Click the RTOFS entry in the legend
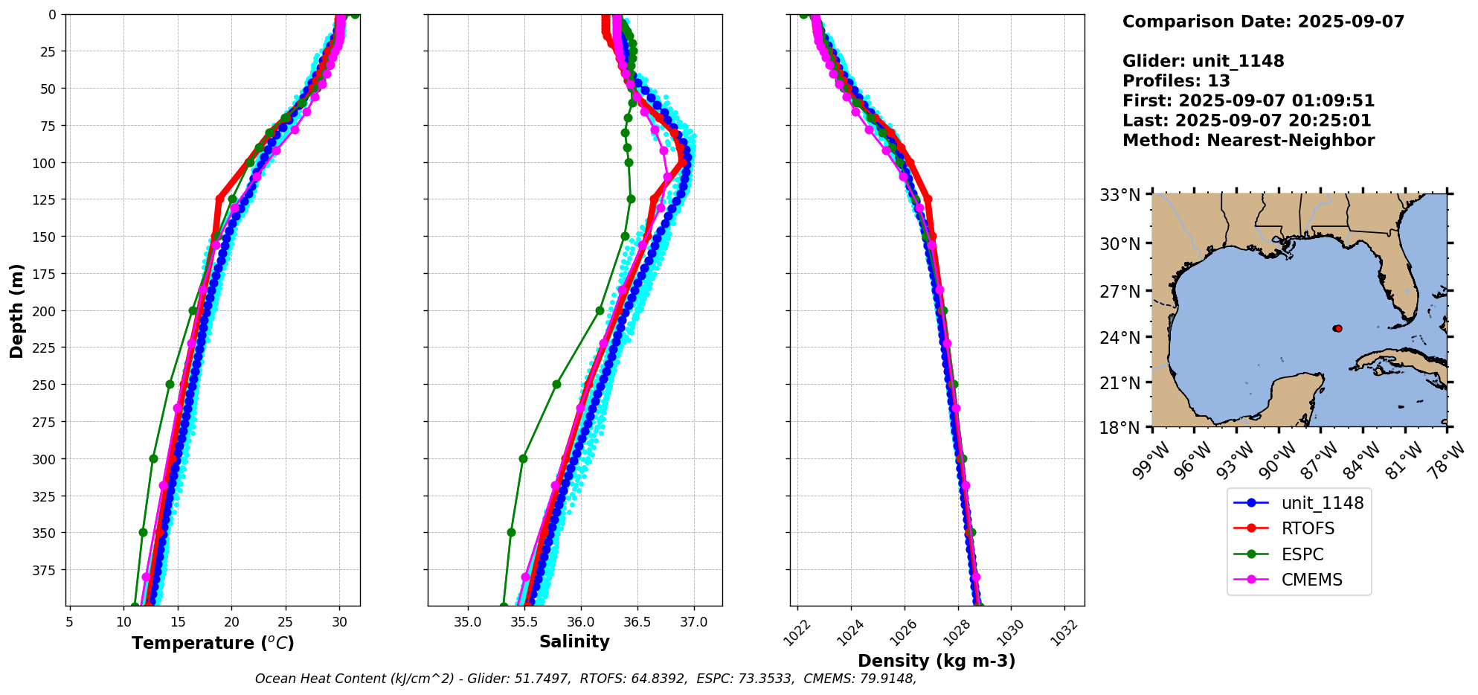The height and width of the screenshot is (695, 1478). pos(1308,528)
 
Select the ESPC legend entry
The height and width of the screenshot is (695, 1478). pos(1302,554)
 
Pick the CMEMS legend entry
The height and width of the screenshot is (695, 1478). pos(1311,580)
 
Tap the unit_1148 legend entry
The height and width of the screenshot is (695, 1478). pos(1322,503)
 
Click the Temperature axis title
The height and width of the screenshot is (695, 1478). pos(213,643)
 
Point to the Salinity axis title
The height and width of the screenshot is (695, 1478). pos(574,642)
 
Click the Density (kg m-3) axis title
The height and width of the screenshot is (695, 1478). pos(936,661)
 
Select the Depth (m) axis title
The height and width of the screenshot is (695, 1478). pos(17,310)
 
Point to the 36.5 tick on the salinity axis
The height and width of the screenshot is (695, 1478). pos(637,622)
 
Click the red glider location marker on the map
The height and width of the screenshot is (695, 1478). pos(1338,328)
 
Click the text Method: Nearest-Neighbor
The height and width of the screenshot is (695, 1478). pos(1248,141)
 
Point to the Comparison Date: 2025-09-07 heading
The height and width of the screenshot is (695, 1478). pos(1263,22)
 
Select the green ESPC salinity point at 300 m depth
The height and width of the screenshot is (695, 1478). pos(523,458)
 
